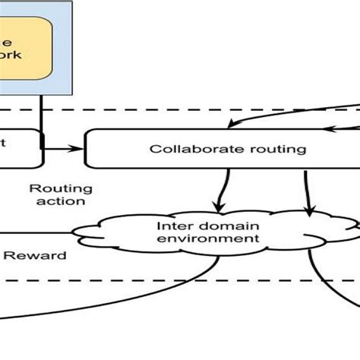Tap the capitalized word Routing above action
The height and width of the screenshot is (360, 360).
pyautogui.click(x=60, y=188)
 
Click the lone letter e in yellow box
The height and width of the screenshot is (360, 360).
pyautogui.click(x=8, y=41)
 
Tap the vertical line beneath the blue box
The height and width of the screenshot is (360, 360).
pyautogui.click(x=41, y=114)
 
